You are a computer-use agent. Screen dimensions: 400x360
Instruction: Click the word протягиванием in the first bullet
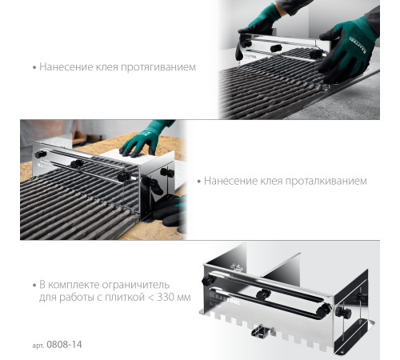158,67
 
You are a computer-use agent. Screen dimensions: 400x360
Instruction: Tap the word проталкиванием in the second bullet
326,182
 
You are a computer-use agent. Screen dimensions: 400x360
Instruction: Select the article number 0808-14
64,345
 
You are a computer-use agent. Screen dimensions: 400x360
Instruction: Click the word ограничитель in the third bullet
136,286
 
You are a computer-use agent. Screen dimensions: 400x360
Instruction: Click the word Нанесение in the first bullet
66,67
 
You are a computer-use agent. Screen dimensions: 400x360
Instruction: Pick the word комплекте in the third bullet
74,285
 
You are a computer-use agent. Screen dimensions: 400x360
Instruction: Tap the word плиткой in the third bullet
125,297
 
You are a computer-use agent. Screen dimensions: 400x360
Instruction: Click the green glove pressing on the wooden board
144,140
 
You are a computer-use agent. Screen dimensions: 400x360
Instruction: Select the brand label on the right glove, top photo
358,44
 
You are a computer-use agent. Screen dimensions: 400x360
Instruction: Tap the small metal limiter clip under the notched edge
262,330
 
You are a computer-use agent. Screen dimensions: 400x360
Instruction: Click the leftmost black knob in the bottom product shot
208,280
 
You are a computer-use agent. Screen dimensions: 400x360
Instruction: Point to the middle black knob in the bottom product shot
263,294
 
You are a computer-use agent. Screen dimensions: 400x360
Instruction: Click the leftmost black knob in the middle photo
41,154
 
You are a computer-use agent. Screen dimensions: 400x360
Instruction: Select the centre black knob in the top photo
276,48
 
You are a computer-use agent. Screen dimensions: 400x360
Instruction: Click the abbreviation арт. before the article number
38,346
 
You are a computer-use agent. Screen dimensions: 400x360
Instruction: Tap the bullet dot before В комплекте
34,286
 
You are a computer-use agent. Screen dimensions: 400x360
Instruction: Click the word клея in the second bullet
271,182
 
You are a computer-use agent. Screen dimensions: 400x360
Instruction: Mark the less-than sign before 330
151,298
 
